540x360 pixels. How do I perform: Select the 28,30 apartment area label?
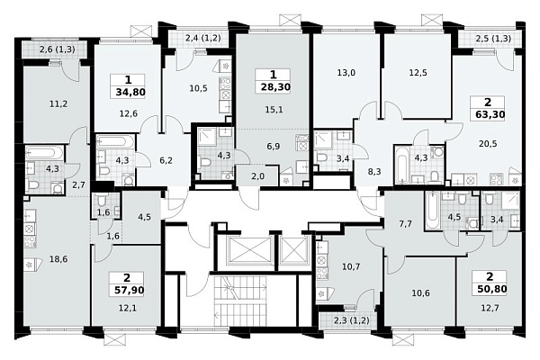[274, 86]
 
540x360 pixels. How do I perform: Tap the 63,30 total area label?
[488, 114]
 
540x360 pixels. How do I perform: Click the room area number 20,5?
[488, 144]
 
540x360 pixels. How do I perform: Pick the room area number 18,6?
[58, 259]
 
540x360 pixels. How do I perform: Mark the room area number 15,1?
[274, 110]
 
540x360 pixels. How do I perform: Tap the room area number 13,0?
[346, 73]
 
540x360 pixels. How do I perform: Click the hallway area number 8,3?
[374, 171]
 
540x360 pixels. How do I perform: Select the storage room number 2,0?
[258, 176]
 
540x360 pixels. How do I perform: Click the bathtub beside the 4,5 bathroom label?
[432, 211]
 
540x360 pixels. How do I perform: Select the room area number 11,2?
[58, 103]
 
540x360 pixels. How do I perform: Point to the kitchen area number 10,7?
[351, 266]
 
